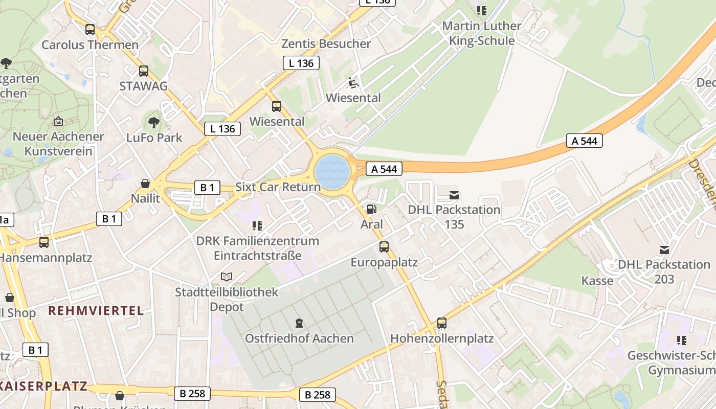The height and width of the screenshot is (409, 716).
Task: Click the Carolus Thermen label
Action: point(90,45)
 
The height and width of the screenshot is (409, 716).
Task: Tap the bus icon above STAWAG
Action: point(144,71)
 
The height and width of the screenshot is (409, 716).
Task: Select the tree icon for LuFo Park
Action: point(153,123)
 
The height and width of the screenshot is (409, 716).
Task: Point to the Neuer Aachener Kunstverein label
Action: point(58,144)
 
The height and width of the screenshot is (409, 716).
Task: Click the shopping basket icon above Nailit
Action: point(145,184)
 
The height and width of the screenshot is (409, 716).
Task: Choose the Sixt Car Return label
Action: point(278,187)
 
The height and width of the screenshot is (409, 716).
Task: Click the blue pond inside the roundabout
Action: point(332,172)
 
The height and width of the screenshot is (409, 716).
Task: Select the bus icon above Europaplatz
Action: point(384,247)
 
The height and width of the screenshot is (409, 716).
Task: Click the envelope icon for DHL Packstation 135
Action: point(454,195)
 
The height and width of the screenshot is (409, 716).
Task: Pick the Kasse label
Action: point(597,281)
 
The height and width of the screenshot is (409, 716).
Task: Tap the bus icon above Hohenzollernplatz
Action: point(442,323)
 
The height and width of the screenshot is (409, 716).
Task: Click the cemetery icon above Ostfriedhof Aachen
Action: point(299,323)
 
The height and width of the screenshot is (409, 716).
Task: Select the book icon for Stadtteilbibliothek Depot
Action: point(227,277)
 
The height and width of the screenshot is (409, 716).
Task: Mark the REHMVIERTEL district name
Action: point(96,310)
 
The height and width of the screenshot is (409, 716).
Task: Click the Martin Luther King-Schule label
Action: point(482,33)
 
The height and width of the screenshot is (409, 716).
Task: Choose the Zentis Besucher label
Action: point(326,44)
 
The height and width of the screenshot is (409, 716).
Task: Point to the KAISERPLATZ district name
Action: point(43,385)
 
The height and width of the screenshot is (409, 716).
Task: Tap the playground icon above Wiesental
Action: point(353,82)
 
